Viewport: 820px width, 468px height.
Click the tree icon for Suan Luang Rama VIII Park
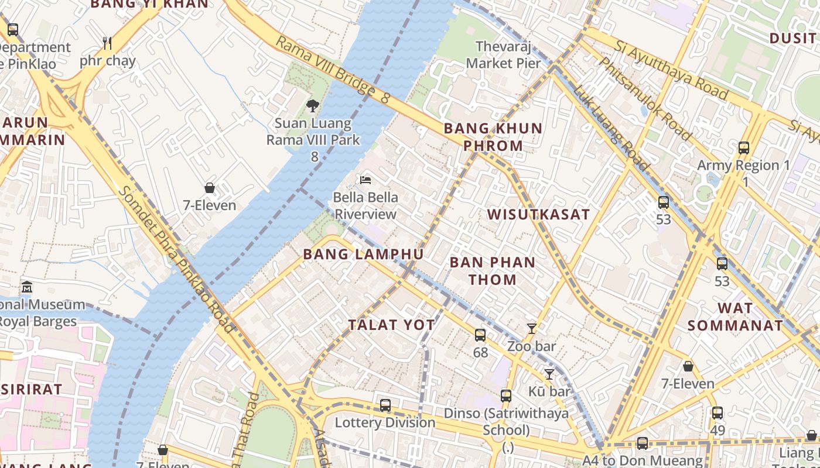point(313,106)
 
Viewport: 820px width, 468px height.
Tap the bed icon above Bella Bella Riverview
point(366,180)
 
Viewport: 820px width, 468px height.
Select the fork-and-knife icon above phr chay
point(107,43)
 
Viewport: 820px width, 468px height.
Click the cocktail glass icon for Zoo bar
point(531,329)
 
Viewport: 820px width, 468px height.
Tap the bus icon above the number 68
point(480,335)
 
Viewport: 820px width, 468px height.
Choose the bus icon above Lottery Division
point(385,405)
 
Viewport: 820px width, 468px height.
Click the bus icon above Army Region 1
point(744,148)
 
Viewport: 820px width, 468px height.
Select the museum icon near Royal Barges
point(27,287)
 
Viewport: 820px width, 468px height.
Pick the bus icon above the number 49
point(717,413)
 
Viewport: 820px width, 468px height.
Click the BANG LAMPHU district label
point(363,254)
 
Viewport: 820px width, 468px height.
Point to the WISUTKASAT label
point(538,214)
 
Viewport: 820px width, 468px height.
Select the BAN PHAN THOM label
point(492,271)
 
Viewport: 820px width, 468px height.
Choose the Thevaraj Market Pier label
point(504,54)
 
